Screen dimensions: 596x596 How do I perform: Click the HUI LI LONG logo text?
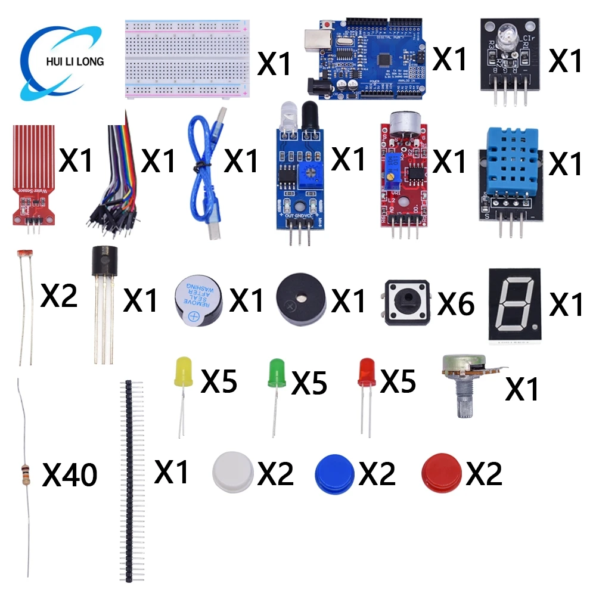click(70, 61)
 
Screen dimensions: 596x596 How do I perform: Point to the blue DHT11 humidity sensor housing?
click(511, 161)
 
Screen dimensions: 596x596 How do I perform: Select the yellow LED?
click(182, 373)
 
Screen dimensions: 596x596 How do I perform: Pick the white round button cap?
click(233, 471)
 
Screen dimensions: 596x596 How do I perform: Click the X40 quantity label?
click(70, 476)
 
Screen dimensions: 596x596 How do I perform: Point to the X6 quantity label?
click(456, 303)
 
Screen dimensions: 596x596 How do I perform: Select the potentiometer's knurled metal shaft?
click(465, 399)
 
